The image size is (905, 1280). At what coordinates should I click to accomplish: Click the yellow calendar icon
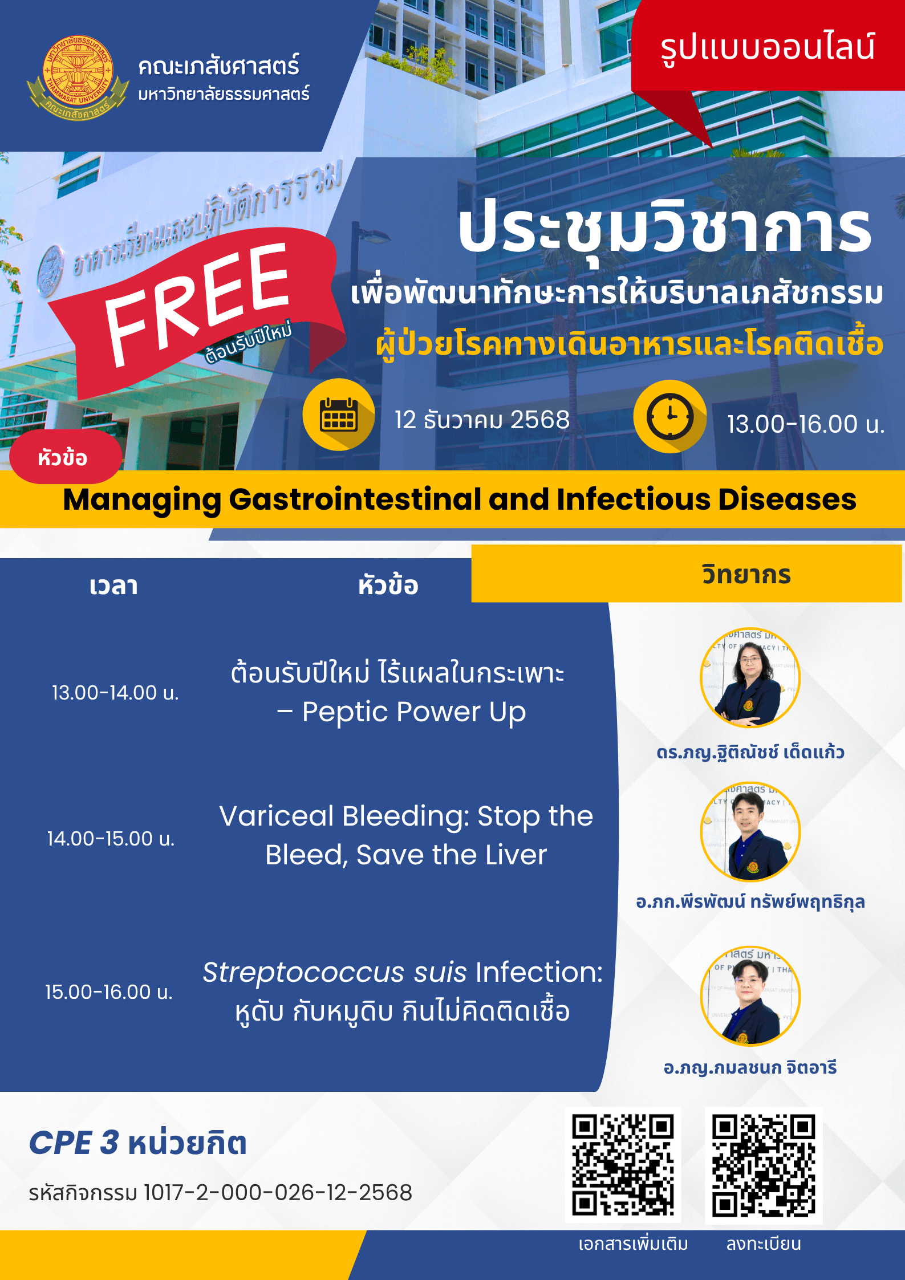[338, 415]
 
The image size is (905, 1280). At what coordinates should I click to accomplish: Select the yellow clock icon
[670, 416]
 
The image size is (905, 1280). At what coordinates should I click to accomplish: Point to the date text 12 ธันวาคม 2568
[482, 420]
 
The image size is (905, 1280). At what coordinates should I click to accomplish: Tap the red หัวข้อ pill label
[65, 457]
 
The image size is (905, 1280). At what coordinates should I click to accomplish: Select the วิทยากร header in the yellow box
[746, 574]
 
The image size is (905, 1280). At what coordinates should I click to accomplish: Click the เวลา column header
[113, 586]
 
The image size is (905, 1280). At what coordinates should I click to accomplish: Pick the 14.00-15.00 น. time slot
[111, 839]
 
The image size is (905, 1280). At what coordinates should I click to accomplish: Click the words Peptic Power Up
[414, 712]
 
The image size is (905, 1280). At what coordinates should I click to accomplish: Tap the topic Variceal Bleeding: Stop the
[406, 816]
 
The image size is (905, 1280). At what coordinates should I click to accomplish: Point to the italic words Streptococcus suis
[335, 972]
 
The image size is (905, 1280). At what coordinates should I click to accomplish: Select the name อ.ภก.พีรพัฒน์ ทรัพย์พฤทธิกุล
[750, 902]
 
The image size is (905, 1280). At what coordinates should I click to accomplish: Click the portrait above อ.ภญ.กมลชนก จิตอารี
[750, 996]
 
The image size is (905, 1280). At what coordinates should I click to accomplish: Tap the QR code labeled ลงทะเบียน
[764, 1166]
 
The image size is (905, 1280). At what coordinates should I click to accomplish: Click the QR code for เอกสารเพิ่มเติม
[623, 1165]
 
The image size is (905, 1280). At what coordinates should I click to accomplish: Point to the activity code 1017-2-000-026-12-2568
[278, 1193]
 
